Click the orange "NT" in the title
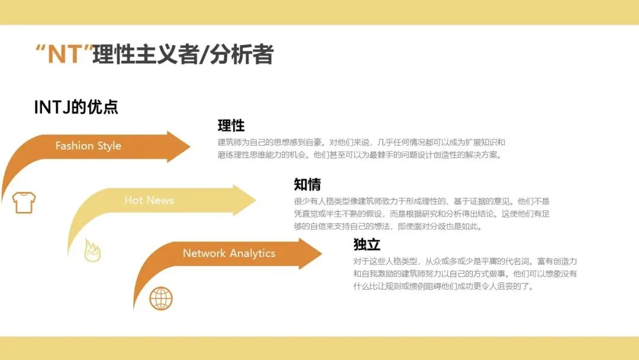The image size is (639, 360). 64,54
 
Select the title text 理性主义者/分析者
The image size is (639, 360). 183,54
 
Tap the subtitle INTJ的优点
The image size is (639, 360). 76,107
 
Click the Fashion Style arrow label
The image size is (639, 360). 88,146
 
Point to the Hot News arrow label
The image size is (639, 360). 149,200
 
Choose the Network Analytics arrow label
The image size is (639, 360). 229,253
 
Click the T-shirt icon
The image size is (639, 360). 24,202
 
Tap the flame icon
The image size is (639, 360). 92,250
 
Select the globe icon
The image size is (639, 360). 160,298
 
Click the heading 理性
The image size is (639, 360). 231,126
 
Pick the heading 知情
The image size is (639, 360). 307,184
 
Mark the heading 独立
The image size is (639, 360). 367,244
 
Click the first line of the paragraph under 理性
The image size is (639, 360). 361,143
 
